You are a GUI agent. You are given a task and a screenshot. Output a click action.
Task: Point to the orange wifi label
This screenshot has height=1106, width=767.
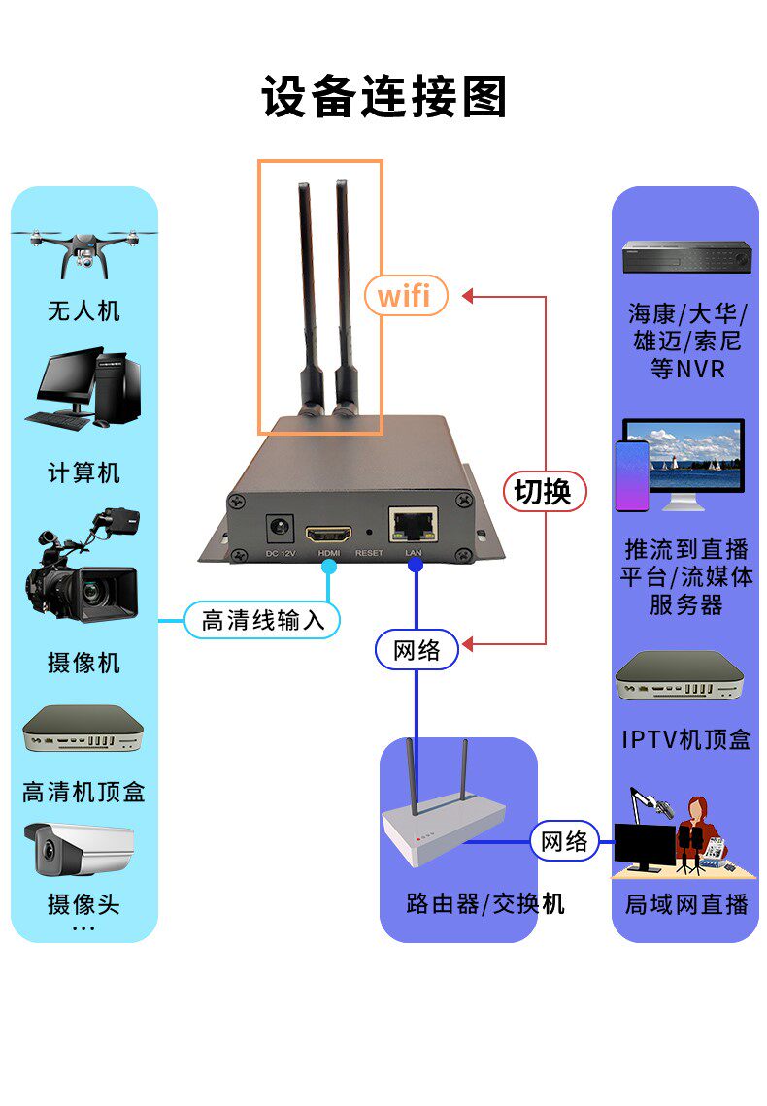tap(405, 294)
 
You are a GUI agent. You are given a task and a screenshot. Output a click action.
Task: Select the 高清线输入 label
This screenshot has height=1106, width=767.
tap(262, 620)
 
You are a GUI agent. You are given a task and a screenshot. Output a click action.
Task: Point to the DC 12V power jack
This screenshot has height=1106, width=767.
tap(281, 529)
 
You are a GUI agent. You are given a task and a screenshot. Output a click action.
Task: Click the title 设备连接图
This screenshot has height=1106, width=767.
tap(383, 97)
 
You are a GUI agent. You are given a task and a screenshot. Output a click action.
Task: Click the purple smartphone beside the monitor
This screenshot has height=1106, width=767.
tap(631, 475)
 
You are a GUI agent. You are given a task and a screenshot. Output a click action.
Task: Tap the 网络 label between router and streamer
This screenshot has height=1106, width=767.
tap(564, 840)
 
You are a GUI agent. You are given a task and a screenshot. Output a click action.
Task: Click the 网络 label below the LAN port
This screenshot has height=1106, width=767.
tap(417, 650)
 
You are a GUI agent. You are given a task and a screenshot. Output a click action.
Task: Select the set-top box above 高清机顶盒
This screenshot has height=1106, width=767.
tap(83, 731)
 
